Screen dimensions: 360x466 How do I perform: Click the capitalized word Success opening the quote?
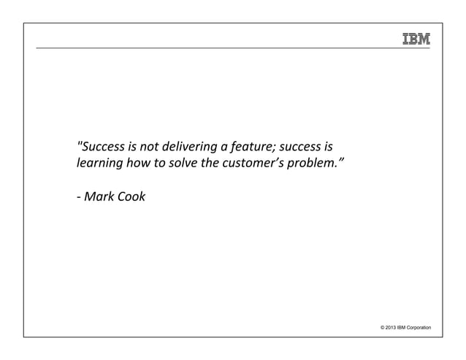click(x=102, y=143)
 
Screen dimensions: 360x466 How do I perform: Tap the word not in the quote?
click(x=150, y=143)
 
